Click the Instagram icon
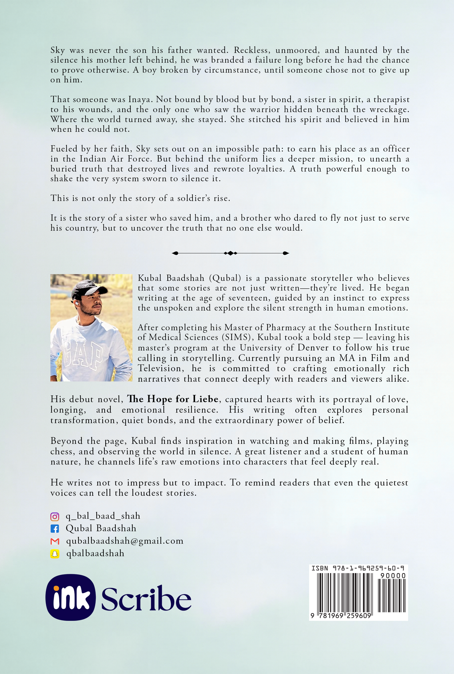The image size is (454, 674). point(55,517)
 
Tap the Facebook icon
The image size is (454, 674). point(55,529)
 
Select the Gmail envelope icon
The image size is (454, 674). point(55,541)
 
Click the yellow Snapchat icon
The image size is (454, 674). point(55,554)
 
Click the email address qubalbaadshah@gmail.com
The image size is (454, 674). point(125,541)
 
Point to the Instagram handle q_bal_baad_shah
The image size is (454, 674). point(103,516)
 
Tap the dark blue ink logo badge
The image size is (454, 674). point(70,597)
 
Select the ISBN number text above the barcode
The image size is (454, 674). point(358,568)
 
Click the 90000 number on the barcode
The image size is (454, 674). point(393,576)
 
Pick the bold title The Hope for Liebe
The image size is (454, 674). point(172,399)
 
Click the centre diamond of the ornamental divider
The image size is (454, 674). point(230,253)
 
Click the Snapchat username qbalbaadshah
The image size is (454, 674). point(95,554)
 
